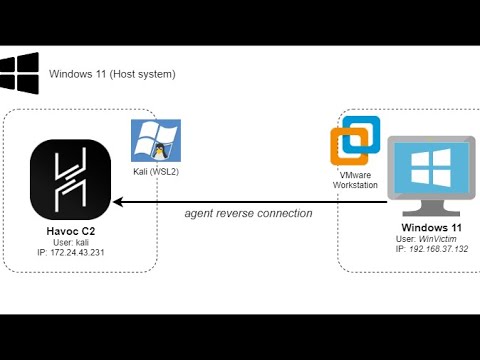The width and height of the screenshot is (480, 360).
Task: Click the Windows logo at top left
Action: (x=19, y=75)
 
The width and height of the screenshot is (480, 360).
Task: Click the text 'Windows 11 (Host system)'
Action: (x=112, y=74)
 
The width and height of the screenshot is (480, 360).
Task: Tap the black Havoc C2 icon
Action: (x=71, y=181)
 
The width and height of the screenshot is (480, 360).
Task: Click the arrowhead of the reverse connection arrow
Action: (x=117, y=202)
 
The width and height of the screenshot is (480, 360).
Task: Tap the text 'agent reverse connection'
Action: (x=249, y=213)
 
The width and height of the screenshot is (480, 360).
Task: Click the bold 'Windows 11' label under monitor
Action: (x=428, y=229)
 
